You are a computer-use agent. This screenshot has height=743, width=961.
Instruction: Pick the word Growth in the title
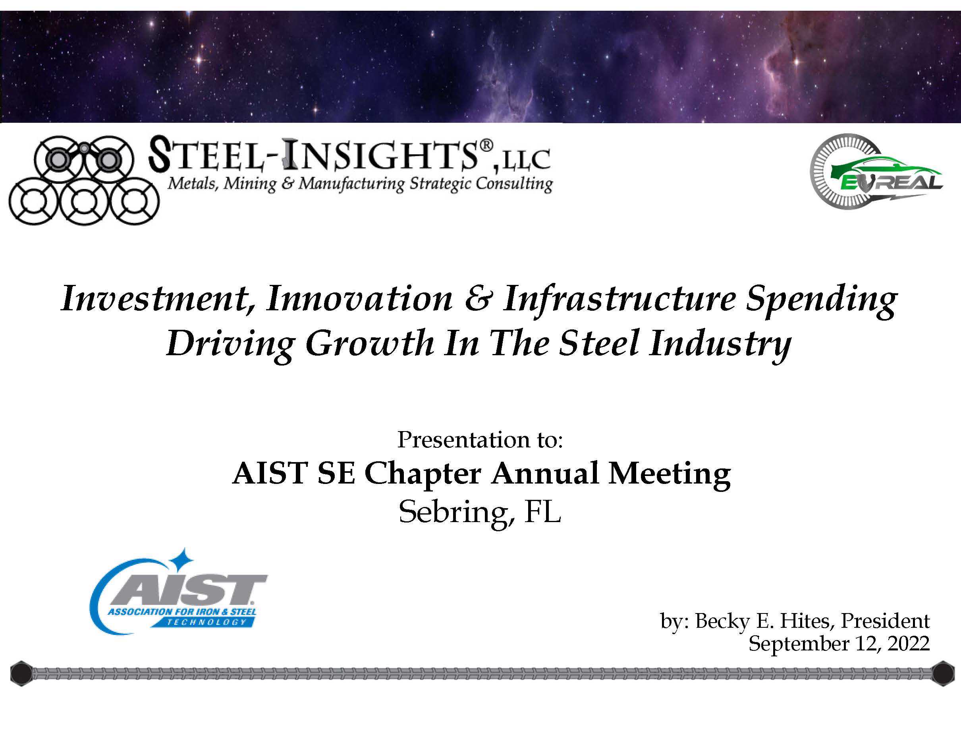coord(370,344)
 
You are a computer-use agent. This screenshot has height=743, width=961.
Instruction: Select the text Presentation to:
coord(480,440)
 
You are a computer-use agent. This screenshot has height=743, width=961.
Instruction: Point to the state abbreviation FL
coord(542,512)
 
